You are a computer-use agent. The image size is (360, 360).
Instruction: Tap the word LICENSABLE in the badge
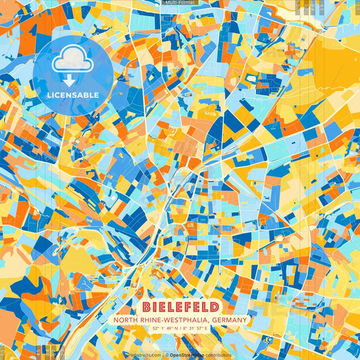click(73, 95)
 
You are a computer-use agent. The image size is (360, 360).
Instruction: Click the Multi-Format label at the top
click(180, 3)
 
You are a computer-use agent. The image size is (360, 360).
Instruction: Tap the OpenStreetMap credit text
click(189, 354)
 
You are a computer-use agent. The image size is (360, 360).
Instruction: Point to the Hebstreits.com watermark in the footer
click(143, 354)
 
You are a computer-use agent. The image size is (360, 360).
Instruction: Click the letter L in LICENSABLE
click(49, 95)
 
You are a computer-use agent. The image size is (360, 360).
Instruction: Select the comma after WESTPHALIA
click(208, 320)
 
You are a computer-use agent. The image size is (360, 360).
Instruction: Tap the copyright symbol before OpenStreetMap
click(166, 354)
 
